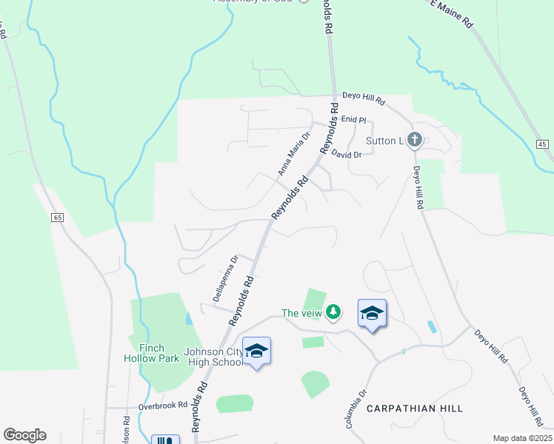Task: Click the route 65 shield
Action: tap(57, 217)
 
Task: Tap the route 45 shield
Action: tap(543, 144)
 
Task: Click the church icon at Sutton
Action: tap(415, 138)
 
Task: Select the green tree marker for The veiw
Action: tap(334, 312)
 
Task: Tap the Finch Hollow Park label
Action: tap(150, 353)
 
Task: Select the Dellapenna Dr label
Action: tap(224, 280)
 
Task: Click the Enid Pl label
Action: tap(354, 119)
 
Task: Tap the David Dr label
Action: tap(346, 155)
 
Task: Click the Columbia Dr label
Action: tap(356, 409)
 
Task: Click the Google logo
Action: tap(24, 435)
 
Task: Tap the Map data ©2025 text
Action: tap(521, 438)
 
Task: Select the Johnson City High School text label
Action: tap(213, 357)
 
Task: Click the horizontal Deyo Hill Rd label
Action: tap(364, 98)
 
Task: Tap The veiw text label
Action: tap(303, 313)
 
